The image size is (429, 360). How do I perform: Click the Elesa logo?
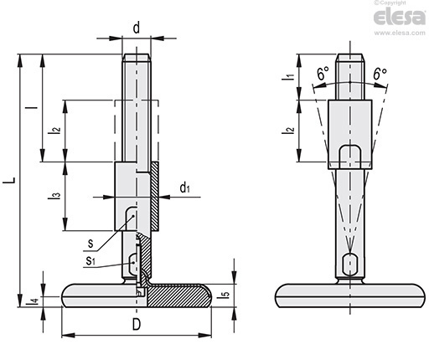coord(400,17)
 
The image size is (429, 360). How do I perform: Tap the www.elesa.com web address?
coord(400,33)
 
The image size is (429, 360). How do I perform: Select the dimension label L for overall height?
coord(9,180)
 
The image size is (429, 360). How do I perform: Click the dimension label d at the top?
coord(137,28)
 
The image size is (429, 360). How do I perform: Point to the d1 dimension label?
coord(185,188)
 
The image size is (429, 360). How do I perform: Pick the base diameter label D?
coord(137,324)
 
